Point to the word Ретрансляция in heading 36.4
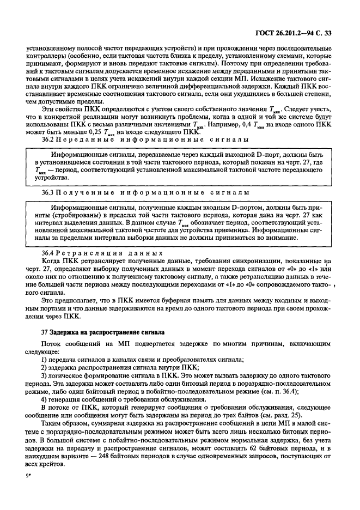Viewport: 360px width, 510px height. pos(86,253)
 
